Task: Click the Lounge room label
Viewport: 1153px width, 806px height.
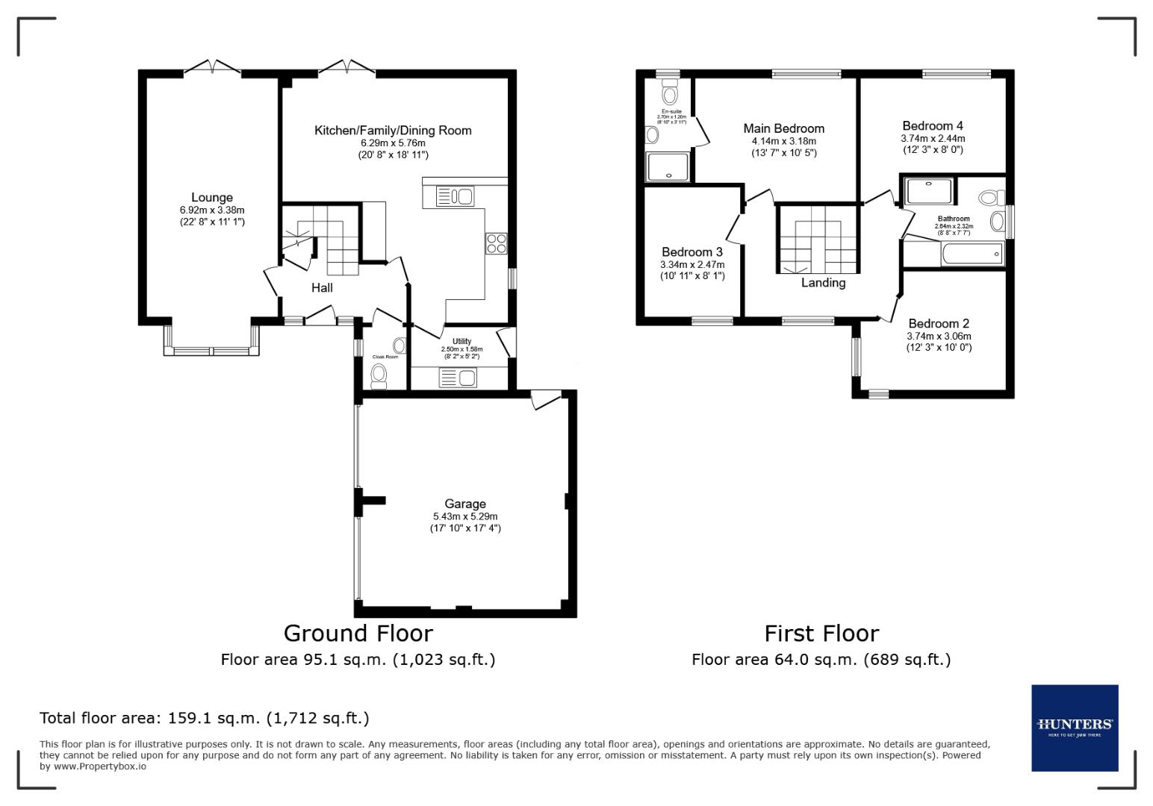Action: click(212, 198)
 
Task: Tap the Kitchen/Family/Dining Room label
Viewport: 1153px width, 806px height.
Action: click(393, 131)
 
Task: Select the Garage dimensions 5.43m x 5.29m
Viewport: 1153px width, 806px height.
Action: click(465, 516)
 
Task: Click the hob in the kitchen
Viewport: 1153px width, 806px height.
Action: click(497, 243)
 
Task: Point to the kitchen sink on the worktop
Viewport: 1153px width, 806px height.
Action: click(455, 197)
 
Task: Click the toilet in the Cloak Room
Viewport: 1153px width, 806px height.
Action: click(379, 375)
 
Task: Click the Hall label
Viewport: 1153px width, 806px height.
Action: click(322, 287)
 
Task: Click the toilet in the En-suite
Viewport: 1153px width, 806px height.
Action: click(669, 95)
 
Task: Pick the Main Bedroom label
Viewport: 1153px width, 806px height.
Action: click(783, 128)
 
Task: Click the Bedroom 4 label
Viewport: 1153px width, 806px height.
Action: click(933, 126)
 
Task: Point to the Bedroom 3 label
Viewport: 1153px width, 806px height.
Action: click(692, 252)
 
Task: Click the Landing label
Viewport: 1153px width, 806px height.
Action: click(823, 283)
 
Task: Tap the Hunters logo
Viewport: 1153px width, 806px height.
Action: click(1075, 728)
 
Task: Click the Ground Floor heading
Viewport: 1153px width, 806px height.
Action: click(358, 633)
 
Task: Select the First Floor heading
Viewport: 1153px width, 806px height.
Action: click(821, 633)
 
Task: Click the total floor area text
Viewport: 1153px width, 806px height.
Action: click(204, 718)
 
